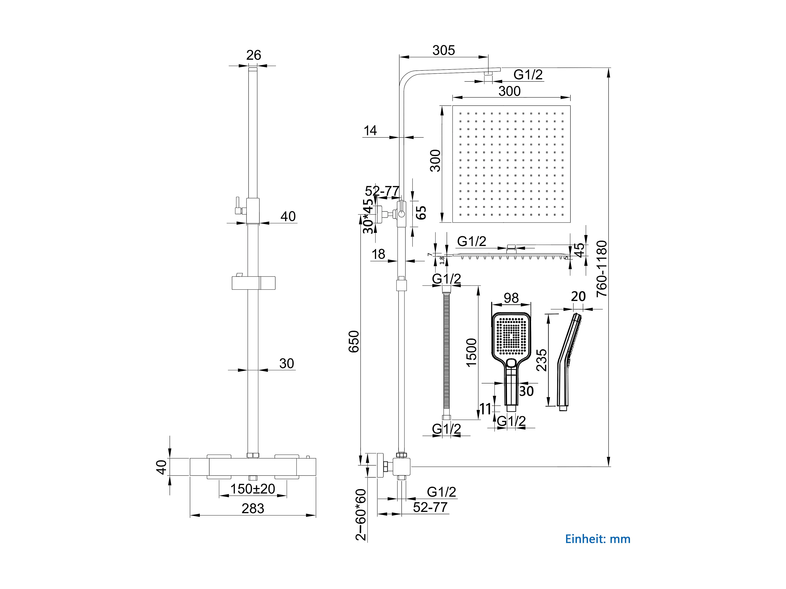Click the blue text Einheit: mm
[x=598, y=539]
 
